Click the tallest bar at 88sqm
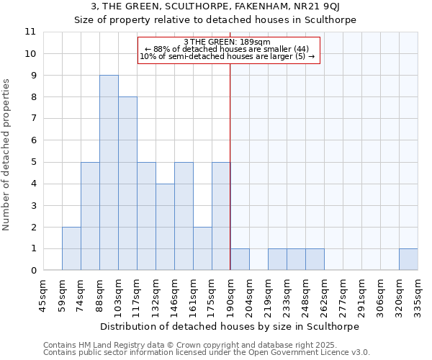point(109,173)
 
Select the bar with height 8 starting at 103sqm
point(127,184)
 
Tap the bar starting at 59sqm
point(71,248)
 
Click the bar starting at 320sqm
point(408,259)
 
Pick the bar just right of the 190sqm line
point(240,259)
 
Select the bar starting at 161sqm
point(202,248)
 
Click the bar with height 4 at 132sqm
point(165,227)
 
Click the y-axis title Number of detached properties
point(7,155)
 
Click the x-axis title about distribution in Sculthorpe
point(230,326)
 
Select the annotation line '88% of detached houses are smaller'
point(227,49)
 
